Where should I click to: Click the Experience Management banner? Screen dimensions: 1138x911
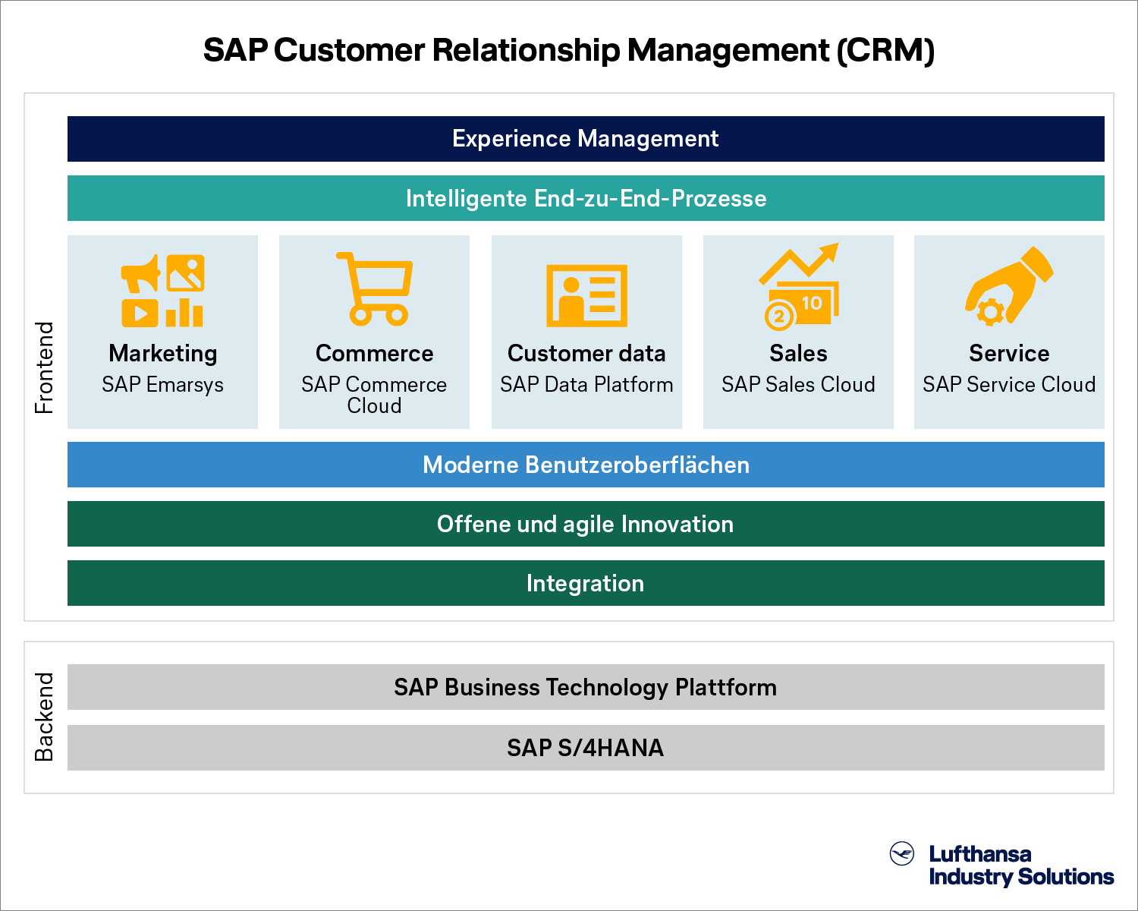pos(586,139)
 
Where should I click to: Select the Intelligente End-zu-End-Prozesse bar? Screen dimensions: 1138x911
pos(586,198)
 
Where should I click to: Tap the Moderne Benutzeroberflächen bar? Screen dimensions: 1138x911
pos(586,465)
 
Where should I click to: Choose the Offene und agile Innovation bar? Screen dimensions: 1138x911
pos(586,524)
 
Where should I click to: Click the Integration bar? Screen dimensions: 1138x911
pos(586,583)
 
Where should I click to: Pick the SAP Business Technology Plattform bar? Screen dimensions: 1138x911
pos(586,686)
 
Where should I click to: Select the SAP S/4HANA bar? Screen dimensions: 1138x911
pos(586,748)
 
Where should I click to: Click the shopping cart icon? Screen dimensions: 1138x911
pos(374,289)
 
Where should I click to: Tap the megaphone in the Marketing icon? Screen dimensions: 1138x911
pos(140,273)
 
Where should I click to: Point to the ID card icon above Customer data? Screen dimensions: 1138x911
pos(586,295)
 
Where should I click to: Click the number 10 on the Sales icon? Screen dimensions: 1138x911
pos(812,304)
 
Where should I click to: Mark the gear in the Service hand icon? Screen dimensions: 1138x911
pos(991,312)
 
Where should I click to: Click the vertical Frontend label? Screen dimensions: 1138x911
pos(45,367)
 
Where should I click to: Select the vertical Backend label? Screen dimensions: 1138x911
pos(45,717)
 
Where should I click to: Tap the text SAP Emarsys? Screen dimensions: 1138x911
pos(162,385)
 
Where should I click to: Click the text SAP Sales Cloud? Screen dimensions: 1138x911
pos(798,384)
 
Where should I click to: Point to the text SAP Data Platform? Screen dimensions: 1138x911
pos(586,384)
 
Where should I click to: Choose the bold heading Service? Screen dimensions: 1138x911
pos(1009,353)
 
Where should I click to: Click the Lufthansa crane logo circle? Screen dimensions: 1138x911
pos(901,853)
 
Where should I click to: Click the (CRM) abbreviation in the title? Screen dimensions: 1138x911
pos(886,50)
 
